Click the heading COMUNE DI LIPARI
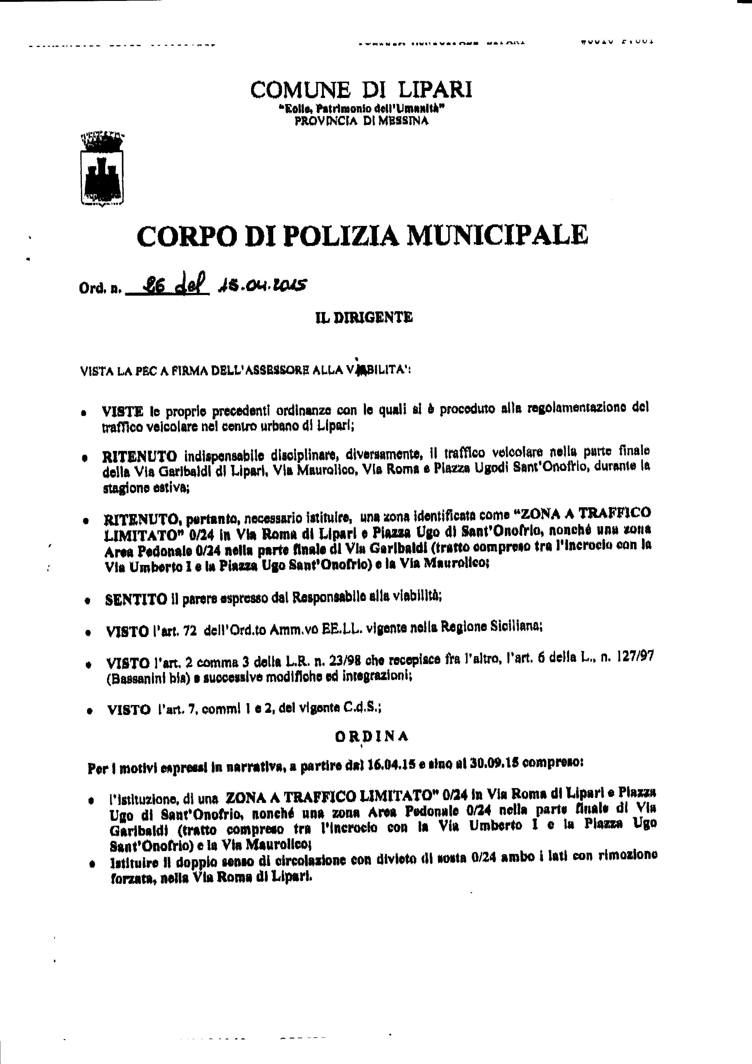click(361, 89)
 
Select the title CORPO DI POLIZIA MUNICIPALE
click(362, 235)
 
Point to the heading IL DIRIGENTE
click(364, 317)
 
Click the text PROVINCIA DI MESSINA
click(361, 121)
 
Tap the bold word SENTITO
click(136, 600)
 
